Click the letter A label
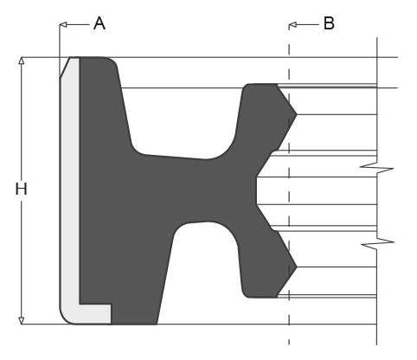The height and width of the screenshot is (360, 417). click(x=99, y=23)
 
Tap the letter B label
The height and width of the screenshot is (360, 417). click(x=329, y=23)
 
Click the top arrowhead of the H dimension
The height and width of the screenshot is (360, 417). click(x=20, y=62)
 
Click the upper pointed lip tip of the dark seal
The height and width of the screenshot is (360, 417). click(x=296, y=113)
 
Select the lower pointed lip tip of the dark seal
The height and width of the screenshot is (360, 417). click(x=296, y=267)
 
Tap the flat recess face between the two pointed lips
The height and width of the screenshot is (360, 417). click(x=256, y=190)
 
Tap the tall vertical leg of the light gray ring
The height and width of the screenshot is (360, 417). click(x=69, y=190)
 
